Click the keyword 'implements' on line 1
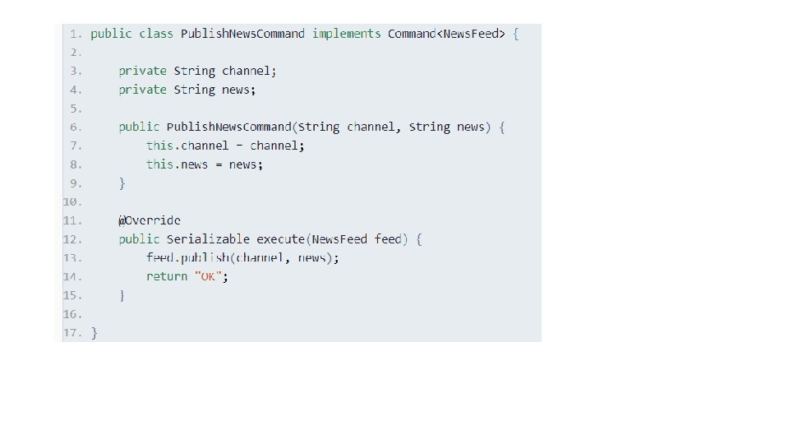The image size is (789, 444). click(346, 34)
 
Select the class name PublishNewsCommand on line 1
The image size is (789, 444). click(242, 34)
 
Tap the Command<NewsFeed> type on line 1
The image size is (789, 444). click(445, 34)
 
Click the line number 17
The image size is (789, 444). click(72, 333)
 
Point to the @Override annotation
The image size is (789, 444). click(150, 220)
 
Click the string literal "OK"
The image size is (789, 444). click(209, 276)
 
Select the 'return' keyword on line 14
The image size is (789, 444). click(167, 276)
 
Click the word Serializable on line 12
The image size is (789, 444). click(208, 239)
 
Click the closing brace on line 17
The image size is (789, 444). click(94, 333)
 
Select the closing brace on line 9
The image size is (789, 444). click(122, 183)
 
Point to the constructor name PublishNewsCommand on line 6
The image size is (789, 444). click(229, 127)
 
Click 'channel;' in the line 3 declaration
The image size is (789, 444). click(249, 71)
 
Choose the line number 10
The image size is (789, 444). click(72, 201)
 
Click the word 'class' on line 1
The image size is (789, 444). click(156, 34)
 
